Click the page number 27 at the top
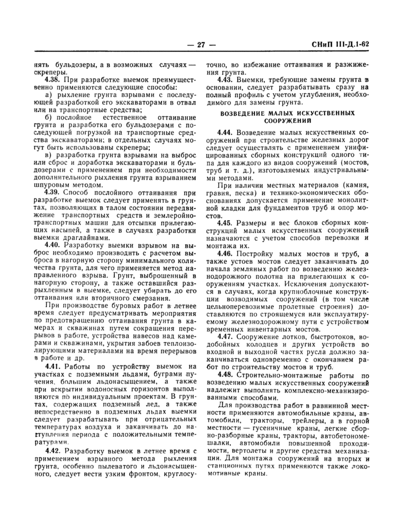coord(201,45)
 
